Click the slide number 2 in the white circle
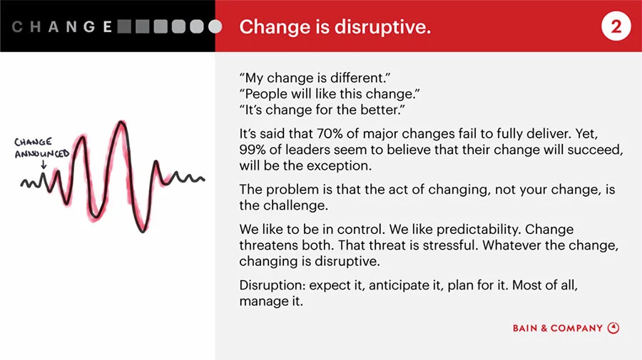(x=616, y=27)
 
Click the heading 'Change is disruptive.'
(x=335, y=27)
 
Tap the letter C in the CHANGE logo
(x=18, y=27)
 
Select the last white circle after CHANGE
(x=215, y=27)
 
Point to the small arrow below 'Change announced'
(x=44, y=165)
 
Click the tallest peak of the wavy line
(x=122, y=124)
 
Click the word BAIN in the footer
(x=525, y=329)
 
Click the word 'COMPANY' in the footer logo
(x=576, y=329)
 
